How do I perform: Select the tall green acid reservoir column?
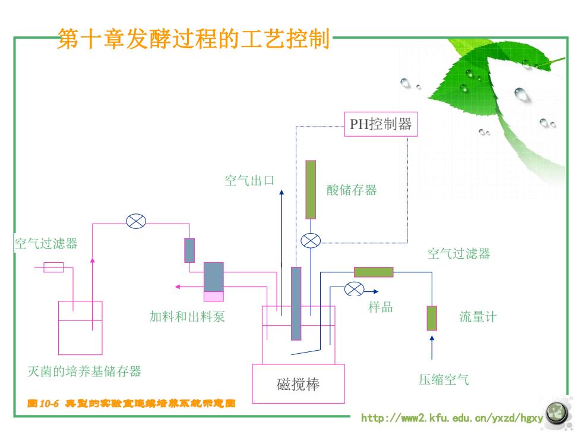click(311, 190)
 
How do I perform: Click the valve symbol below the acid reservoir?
click(311, 241)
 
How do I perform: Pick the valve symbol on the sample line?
click(354, 289)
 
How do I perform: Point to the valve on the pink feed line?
click(136, 221)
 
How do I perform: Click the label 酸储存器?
click(352, 190)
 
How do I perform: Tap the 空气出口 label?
click(249, 181)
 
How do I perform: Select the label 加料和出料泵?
click(187, 316)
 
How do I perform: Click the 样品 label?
click(381, 307)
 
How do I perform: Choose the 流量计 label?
click(477, 316)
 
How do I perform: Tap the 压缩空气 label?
click(444, 379)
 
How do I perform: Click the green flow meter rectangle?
click(432, 318)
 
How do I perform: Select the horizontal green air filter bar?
click(374, 272)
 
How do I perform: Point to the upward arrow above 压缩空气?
click(432, 347)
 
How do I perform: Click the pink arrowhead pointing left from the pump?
click(178, 287)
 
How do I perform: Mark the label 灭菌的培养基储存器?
click(84, 371)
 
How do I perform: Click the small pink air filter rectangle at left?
click(53, 267)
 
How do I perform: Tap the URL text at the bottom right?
click(452, 418)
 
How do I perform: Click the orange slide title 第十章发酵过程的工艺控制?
click(194, 38)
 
